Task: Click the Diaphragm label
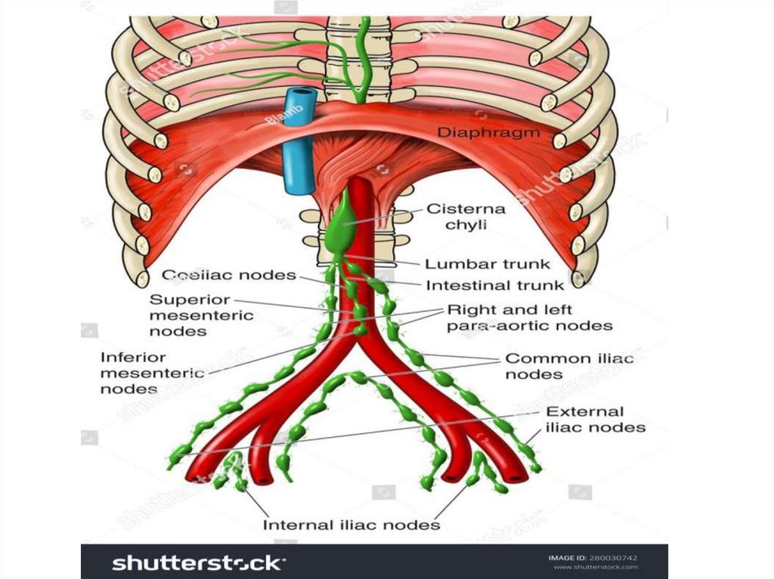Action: tap(489, 133)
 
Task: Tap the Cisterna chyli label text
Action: tap(466, 217)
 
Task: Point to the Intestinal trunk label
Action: tap(494, 285)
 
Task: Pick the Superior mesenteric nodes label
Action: tap(200, 316)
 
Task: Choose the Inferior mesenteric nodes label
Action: tap(152, 373)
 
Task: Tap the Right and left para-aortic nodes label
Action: tap(529, 318)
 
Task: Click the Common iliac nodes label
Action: tap(568, 366)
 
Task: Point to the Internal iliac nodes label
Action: tap(351, 524)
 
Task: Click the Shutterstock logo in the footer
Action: tap(199, 562)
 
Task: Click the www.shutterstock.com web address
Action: tap(595, 567)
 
